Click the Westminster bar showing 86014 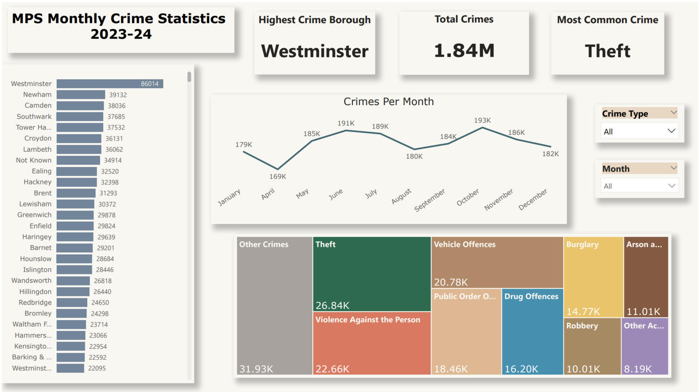[x=110, y=84]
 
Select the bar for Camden [x=80, y=106]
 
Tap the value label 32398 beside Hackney [x=110, y=182]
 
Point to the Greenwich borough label [x=34, y=215]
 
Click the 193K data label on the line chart [x=482, y=120]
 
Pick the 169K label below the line [x=278, y=177]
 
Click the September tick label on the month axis [x=430, y=200]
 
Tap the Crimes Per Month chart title [x=388, y=102]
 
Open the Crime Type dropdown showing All [x=639, y=131]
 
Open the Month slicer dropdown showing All [x=639, y=186]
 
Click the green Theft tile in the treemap [x=371, y=274]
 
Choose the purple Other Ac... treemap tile [x=645, y=346]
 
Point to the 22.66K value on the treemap [x=332, y=369]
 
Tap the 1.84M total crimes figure [x=464, y=50]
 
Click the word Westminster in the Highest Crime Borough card [x=315, y=51]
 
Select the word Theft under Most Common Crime [x=607, y=51]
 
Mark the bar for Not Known [x=78, y=160]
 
